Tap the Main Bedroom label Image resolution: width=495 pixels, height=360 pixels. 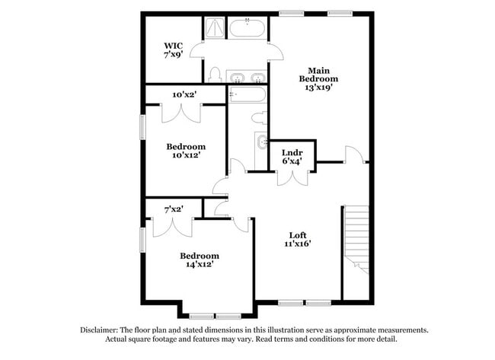(318, 74)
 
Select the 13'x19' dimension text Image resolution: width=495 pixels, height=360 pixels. (318, 88)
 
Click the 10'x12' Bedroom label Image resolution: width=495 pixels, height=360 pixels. (186, 146)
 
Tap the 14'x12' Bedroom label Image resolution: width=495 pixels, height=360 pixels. (199, 256)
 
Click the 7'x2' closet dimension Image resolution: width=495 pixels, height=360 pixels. (174, 209)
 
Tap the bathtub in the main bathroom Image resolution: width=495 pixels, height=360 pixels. (247, 30)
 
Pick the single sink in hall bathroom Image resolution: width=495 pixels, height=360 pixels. (262, 142)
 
